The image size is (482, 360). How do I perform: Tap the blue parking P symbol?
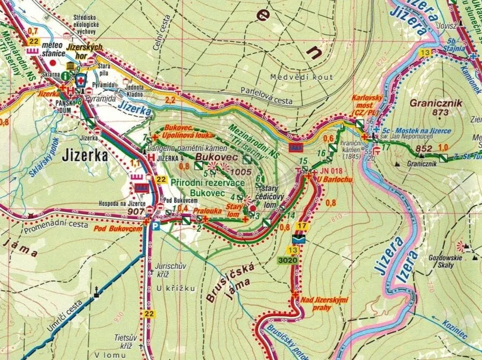(x=154, y=227)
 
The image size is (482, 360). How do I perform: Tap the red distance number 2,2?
(x=171, y=100)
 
